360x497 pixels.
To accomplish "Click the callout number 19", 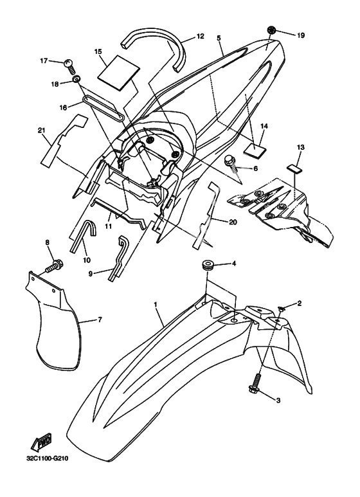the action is [301, 35].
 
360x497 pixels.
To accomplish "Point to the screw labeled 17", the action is [69, 66].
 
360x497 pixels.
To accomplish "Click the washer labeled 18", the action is [76, 78].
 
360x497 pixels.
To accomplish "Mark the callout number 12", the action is [201, 36].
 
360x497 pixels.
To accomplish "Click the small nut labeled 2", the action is [281, 308].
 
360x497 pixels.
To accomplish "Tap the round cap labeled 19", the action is [271, 30].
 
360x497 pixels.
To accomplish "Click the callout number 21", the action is [42, 131].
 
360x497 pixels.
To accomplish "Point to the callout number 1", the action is [156, 305].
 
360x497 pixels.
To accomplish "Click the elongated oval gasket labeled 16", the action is [104, 108].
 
